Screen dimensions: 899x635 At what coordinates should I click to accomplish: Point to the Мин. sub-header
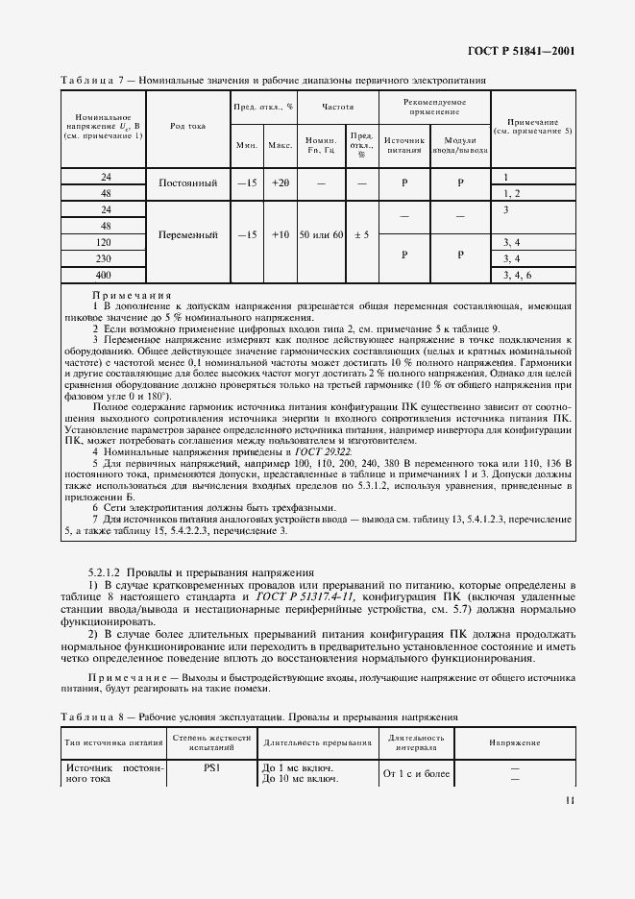coord(247,145)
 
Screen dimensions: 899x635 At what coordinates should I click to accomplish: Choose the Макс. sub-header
coord(281,145)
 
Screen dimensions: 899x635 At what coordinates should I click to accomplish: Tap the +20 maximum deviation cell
coord(281,183)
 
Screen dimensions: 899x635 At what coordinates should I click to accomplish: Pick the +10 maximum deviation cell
coord(281,233)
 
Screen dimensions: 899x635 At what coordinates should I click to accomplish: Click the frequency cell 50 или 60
coord(320,233)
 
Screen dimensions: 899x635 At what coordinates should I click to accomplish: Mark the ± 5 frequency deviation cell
coord(361,233)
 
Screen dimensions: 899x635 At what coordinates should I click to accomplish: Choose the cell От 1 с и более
coord(416,773)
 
